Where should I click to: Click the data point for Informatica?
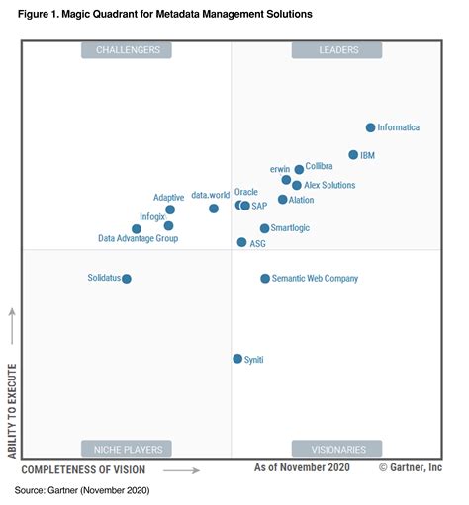(x=370, y=127)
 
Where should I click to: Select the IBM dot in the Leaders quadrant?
(x=353, y=155)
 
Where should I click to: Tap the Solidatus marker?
(x=127, y=279)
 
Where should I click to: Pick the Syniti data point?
(x=237, y=359)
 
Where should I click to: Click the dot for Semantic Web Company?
(x=265, y=279)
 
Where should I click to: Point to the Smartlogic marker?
(x=264, y=228)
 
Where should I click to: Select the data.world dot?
(x=214, y=209)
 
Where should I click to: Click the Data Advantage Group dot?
(x=137, y=229)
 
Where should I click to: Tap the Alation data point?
(x=282, y=200)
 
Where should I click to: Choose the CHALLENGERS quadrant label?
(x=127, y=50)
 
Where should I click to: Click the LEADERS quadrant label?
(x=336, y=50)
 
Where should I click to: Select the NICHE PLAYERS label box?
(x=127, y=448)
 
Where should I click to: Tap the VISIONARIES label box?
(x=336, y=448)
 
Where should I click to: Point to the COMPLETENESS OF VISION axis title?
(x=83, y=469)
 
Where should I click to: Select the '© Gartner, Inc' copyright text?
(x=410, y=467)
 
